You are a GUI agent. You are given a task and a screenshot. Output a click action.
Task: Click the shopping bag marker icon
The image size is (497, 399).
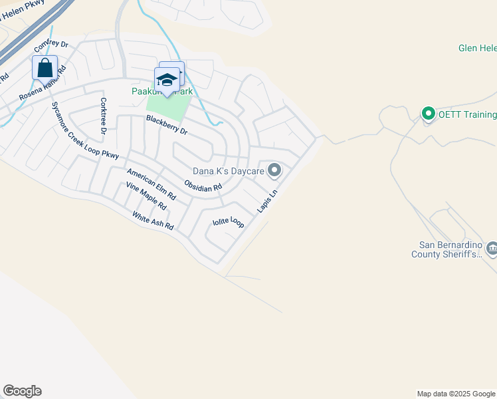(45, 68)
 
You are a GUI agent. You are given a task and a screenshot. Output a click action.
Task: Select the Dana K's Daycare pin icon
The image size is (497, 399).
(274, 172)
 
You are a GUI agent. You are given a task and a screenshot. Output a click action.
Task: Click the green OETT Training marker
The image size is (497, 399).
(429, 114)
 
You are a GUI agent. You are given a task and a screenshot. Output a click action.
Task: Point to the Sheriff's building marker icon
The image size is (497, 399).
(492, 249)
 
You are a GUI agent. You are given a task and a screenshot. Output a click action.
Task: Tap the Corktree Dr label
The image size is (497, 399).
(103, 116)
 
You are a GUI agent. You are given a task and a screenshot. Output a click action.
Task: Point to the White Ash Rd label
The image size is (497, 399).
(153, 221)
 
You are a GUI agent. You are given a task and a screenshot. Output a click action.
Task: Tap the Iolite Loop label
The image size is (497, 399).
(228, 222)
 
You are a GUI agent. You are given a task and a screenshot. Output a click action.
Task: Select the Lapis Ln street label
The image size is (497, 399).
(266, 201)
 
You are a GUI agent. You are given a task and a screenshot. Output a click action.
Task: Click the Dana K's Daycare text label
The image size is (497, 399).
(229, 172)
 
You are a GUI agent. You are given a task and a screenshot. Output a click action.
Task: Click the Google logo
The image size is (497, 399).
(22, 391)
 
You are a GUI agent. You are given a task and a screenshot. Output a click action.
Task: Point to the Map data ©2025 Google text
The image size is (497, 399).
(455, 394)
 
